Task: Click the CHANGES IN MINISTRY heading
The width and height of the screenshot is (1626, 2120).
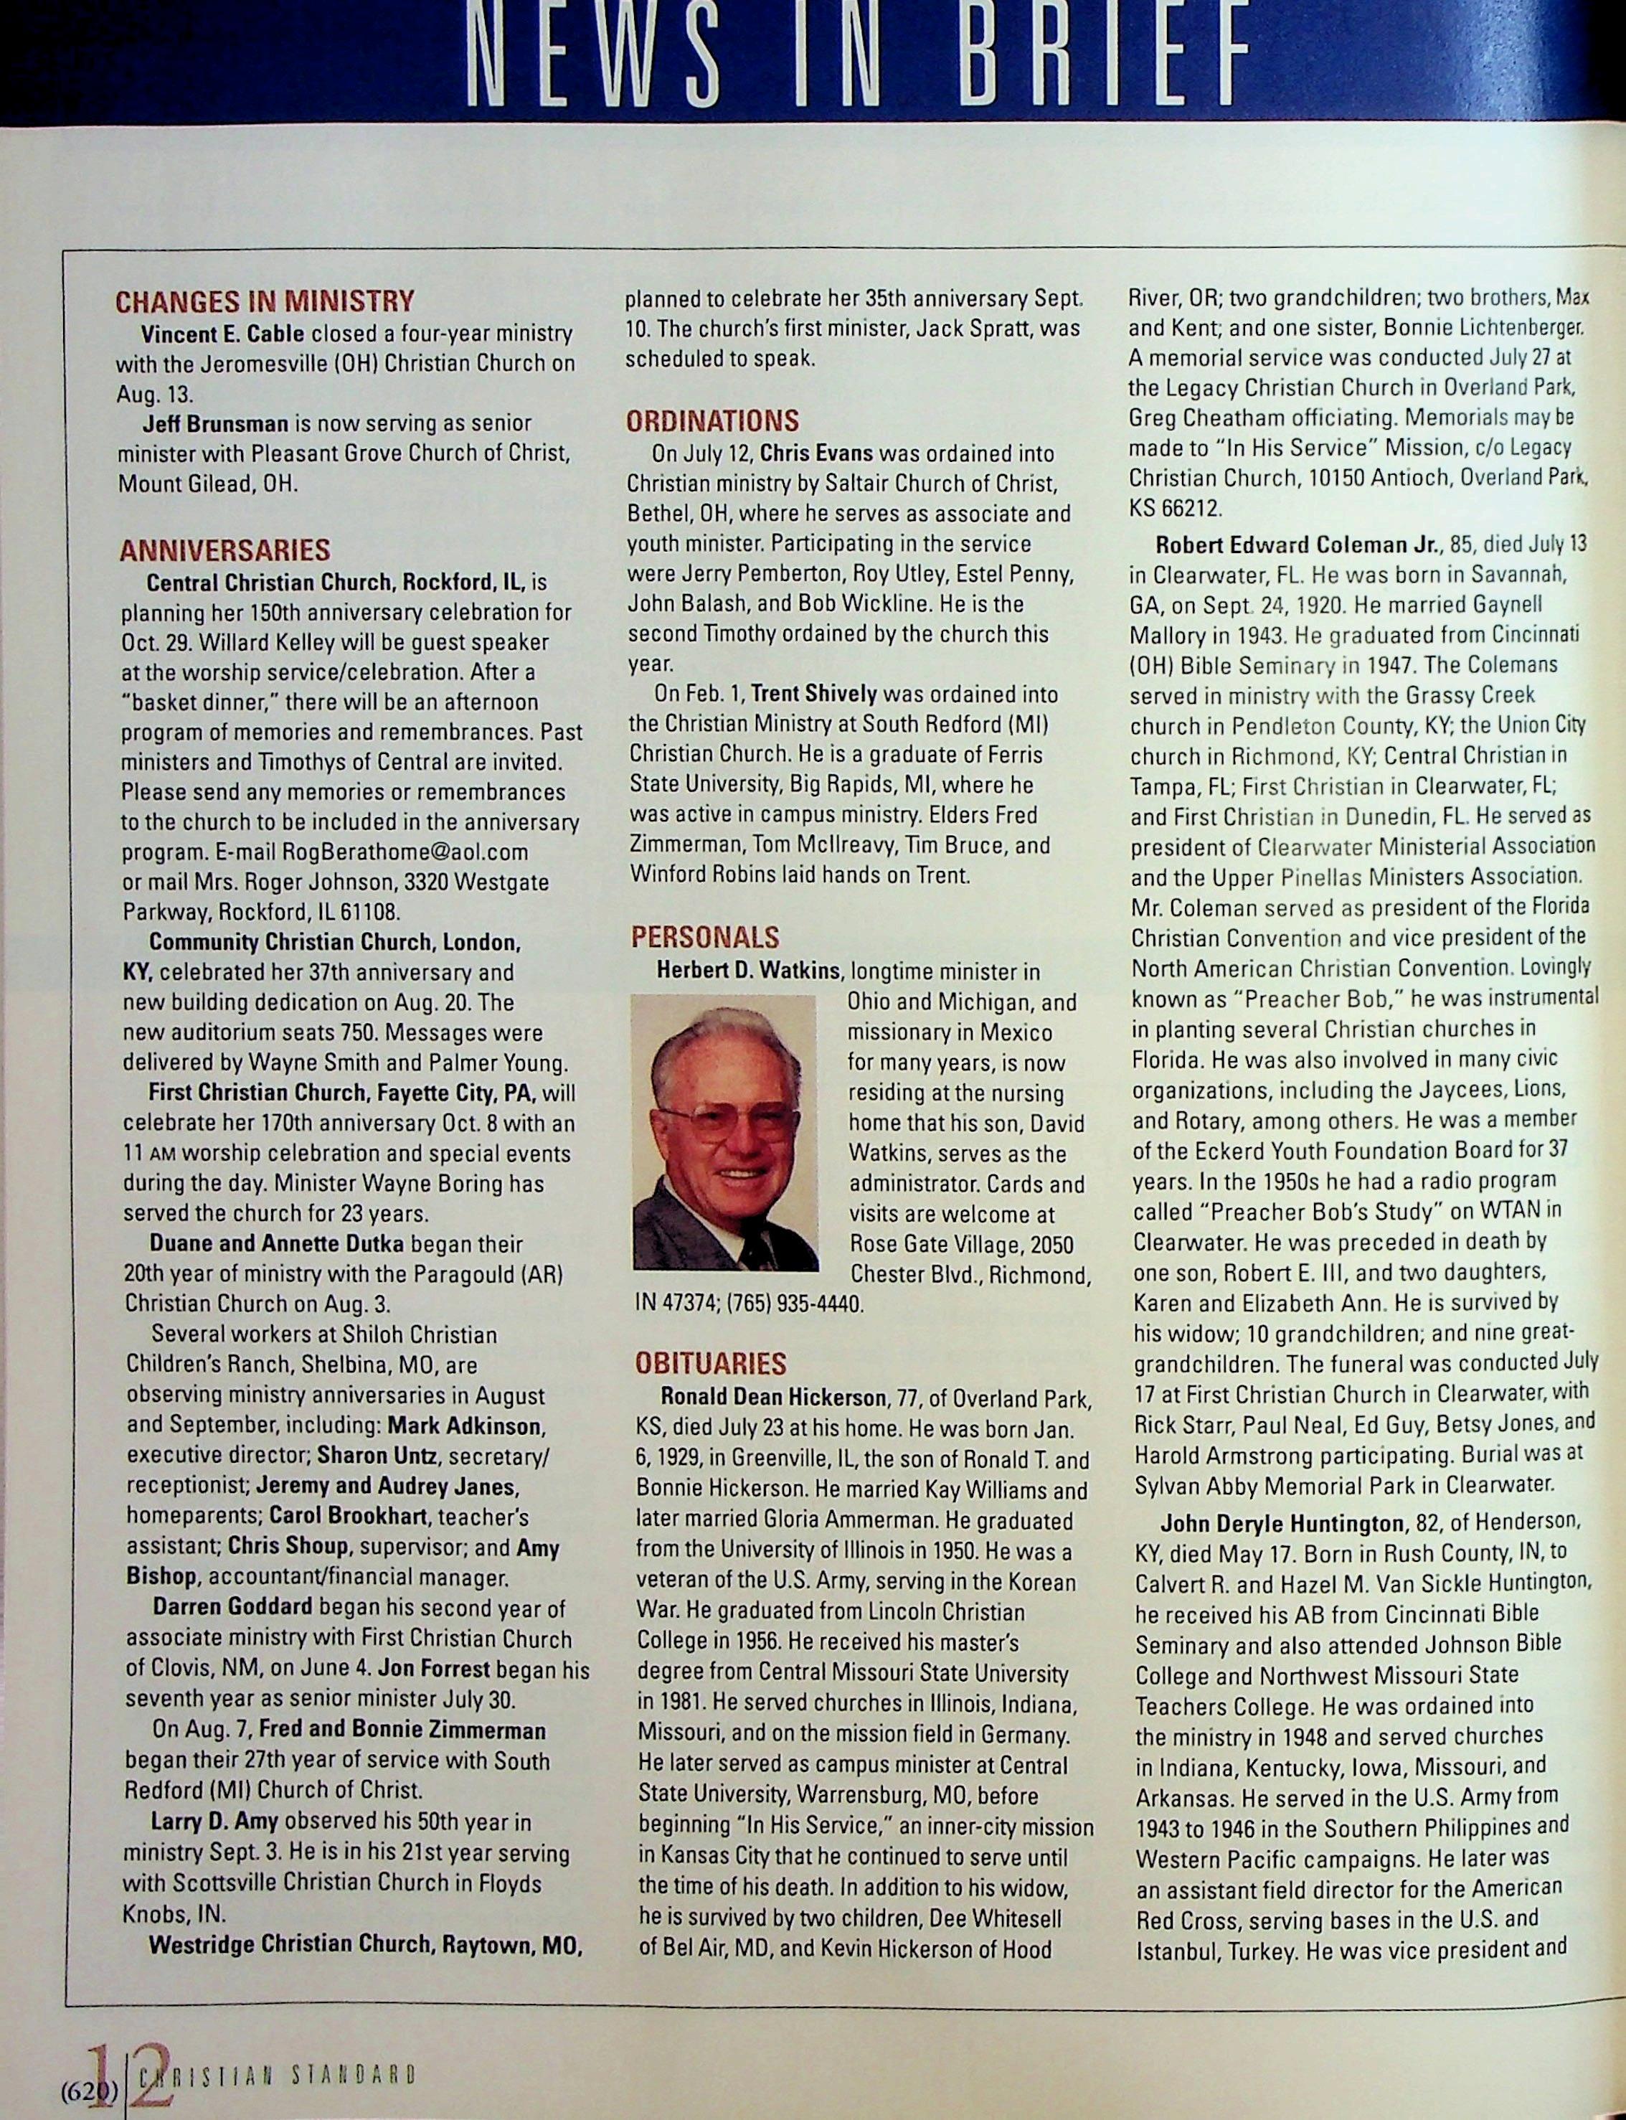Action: pos(264,301)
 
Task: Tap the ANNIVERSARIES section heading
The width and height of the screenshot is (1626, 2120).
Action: pos(224,551)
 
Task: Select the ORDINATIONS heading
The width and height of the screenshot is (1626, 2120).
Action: pos(712,421)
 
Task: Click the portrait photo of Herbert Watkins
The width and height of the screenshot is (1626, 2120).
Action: pos(725,1133)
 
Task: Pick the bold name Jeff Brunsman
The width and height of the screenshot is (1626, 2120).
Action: pos(215,423)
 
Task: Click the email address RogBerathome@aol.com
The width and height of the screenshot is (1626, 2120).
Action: pos(405,852)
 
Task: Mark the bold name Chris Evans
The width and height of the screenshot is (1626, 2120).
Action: pos(816,453)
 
